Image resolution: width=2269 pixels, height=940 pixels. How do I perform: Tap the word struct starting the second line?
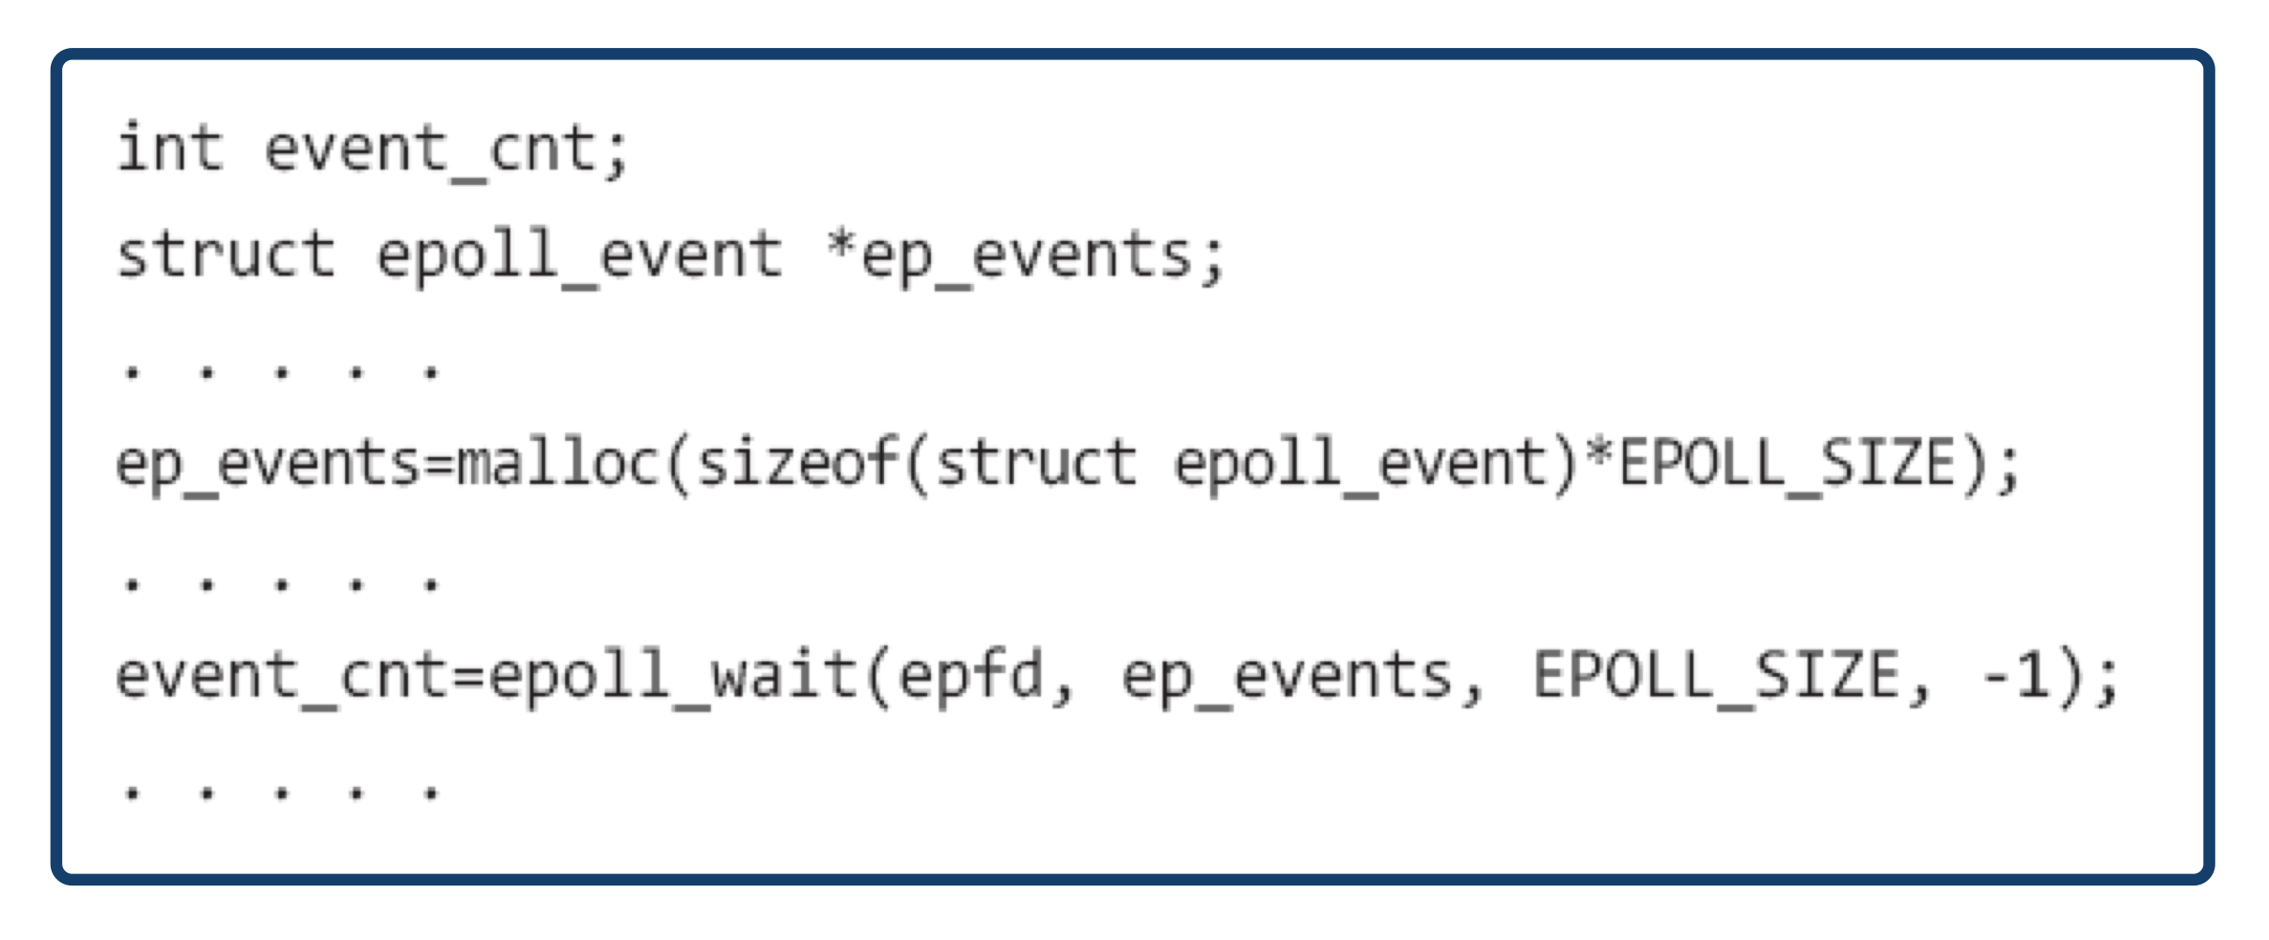pyautogui.click(x=226, y=256)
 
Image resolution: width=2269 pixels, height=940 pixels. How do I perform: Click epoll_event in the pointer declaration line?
pyautogui.click(x=579, y=256)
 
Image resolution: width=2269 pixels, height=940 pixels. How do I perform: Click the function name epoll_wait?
pyautogui.click(x=672, y=677)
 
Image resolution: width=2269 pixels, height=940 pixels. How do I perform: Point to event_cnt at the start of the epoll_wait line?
pyautogui.click(x=282, y=677)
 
